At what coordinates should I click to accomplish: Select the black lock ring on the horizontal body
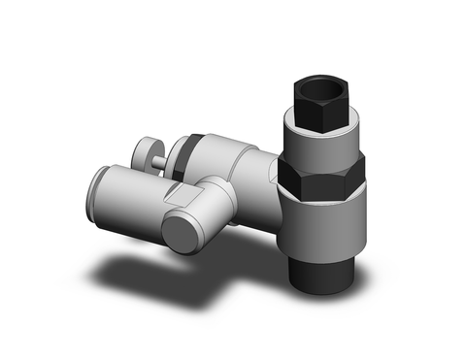pyautogui.click(x=192, y=149)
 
